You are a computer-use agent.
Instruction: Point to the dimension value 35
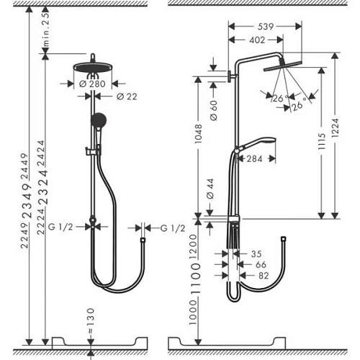[x=255, y=253]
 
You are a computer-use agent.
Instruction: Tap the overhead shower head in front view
[x=94, y=68]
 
